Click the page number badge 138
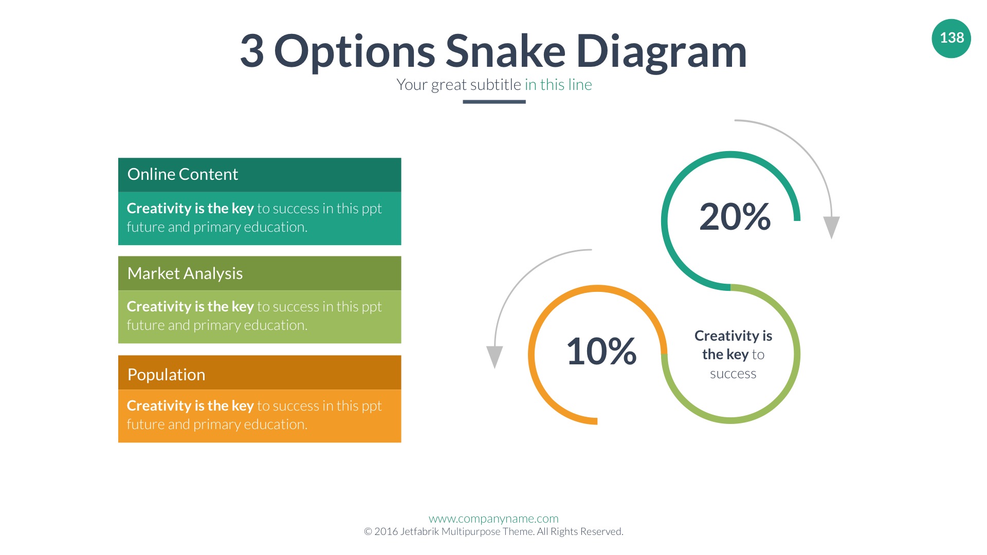[x=951, y=39]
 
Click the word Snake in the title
[x=505, y=51]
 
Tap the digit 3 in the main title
[x=252, y=51]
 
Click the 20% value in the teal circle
[x=735, y=216]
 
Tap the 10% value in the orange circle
[x=601, y=351]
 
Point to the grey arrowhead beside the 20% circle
[x=831, y=227]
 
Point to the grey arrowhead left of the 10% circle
[x=495, y=357]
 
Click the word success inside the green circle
[x=733, y=374]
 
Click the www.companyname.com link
[x=493, y=519]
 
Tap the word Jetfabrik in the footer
[x=419, y=531]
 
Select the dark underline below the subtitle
[x=494, y=102]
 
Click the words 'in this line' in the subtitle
[x=558, y=84]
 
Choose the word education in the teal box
[x=275, y=227]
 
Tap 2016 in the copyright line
[x=386, y=531]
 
